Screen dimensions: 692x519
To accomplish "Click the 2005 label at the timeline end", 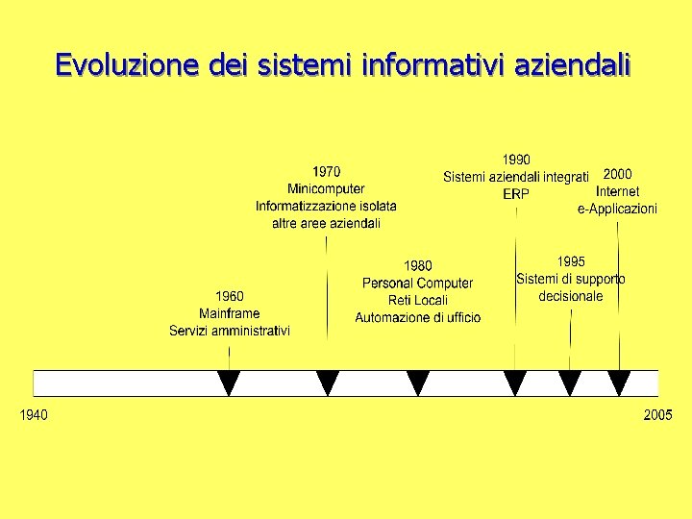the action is tap(657, 415).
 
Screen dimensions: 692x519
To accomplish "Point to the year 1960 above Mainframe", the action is tap(229, 297).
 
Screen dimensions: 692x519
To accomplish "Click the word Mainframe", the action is tap(229, 313).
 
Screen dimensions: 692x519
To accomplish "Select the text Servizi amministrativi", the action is tap(229, 331).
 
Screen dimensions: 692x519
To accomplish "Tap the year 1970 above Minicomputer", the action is tap(326, 172).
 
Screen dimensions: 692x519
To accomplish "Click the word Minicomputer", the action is tap(326, 189).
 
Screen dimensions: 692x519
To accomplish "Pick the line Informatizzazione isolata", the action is tap(326, 207).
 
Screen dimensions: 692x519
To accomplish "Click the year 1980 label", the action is tap(417, 265).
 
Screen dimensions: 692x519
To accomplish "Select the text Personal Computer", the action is tap(417, 283).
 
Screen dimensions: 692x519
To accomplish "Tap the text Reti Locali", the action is tap(417, 300).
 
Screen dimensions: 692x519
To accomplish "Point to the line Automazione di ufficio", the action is tap(417, 317).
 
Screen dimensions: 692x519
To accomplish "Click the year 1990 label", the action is tap(516, 160).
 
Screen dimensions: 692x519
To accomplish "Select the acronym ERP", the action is tap(516, 194).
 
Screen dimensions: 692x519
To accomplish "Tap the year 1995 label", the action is tap(571, 261).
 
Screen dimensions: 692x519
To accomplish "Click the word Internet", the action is tap(617, 191).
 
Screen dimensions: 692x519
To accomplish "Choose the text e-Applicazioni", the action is tap(617, 209).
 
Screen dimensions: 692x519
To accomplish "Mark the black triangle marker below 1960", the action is tap(229, 383).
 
